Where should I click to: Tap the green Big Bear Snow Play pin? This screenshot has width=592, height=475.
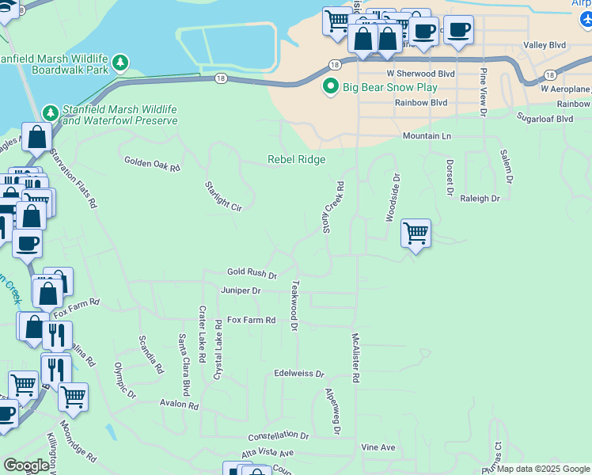331,87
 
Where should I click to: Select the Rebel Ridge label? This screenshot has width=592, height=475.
297,159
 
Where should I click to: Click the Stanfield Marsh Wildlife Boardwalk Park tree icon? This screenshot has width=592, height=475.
120,63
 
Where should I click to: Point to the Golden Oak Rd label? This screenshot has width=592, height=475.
152,164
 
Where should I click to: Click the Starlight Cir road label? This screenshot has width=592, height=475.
222,196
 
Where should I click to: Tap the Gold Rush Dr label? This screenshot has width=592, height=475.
252,273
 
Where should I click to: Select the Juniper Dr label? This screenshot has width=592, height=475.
241,291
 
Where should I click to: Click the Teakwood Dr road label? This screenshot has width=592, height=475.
294,305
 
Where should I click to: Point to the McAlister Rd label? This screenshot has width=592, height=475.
355,358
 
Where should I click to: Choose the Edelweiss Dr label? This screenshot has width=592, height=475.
299,373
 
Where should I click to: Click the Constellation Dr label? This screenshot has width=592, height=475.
278,435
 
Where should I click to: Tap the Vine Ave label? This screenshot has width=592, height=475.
378,447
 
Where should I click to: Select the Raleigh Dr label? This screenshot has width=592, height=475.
480,199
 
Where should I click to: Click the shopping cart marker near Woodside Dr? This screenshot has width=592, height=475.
416,233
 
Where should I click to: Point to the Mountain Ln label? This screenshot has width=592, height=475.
427,136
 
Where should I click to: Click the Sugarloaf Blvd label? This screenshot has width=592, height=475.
544,119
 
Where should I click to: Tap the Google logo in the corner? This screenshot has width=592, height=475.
26,465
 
